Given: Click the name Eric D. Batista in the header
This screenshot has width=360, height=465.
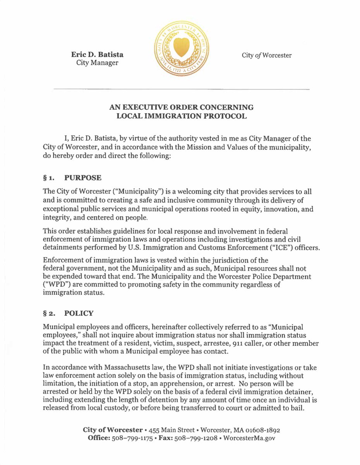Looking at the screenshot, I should click(97, 54).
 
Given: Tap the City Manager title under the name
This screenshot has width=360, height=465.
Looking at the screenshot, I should click(97, 63).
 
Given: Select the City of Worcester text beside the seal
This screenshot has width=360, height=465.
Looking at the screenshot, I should click(267, 55).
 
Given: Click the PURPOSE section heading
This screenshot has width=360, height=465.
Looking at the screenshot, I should click(83, 178).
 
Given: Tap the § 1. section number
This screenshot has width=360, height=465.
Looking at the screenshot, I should click(50, 178).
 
